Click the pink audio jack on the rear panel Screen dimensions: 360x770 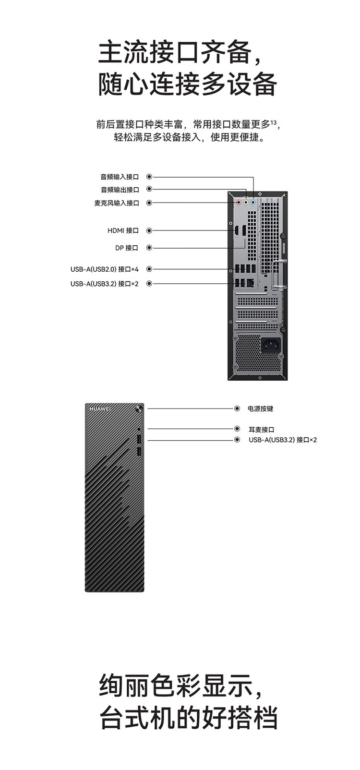click(239, 203)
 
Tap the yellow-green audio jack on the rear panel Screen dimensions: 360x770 click(246, 203)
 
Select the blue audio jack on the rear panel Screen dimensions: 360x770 click(253, 203)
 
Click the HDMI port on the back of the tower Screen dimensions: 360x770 click(237, 230)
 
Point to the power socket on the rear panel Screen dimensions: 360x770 click(271, 346)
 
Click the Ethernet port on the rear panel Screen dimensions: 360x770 click(251, 283)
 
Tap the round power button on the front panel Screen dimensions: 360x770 click(139, 409)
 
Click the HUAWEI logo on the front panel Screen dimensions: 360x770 click(100, 409)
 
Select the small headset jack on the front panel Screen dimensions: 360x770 click(139, 429)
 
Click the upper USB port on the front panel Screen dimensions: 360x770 click(139, 440)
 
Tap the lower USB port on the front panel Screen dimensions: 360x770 click(139, 452)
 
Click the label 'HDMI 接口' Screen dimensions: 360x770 click(123, 230)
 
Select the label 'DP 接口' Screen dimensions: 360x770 click(127, 248)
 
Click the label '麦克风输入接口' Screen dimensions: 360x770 click(117, 203)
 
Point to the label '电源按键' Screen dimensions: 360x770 click(260, 409)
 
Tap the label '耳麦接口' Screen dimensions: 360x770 click(261, 429)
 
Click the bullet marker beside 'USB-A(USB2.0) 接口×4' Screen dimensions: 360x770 click(149, 269)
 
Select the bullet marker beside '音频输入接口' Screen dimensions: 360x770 click(149, 176)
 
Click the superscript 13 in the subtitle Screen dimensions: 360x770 click(273, 121)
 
